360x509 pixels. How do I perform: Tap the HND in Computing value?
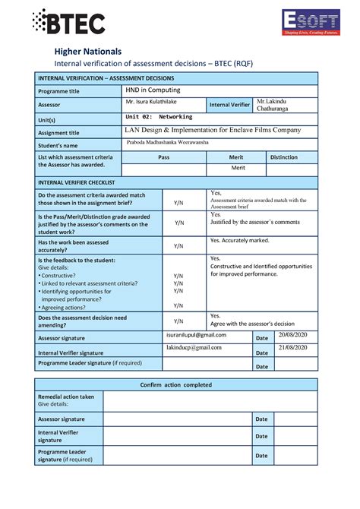pyautogui.click(x=153, y=90)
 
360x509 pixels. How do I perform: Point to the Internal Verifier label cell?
pyautogui.click(x=229, y=105)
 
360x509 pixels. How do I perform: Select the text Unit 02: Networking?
pyautogui.click(x=159, y=117)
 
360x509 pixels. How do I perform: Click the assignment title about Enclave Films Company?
pyautogui.click(x=213, y=130)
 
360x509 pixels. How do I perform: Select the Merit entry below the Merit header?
pyautogui.click(x=238, y=168)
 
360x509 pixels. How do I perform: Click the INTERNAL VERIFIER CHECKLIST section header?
pyautogui.click(x=76, y=183)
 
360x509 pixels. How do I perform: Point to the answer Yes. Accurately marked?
pyautogui.click(x=239, y=240)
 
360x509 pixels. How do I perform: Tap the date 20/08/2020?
pyautogui.click(x=293, y=335)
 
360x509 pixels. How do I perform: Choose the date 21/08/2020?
pyautogui.click(x=293, y=347)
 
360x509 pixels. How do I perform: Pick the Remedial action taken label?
pyautogui.click(x=66, y=397)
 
